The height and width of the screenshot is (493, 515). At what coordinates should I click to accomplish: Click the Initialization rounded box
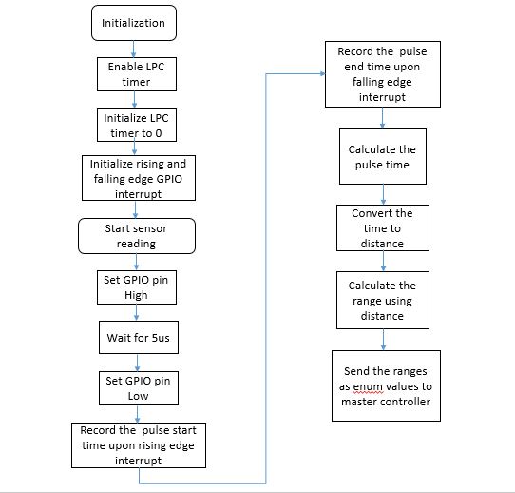coord(134,23)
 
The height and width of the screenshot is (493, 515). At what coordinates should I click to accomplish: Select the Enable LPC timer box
coord(137,74)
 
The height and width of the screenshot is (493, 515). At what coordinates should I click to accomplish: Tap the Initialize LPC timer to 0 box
coord(137,126)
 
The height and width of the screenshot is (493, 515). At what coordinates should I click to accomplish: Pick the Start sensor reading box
coord(137,236)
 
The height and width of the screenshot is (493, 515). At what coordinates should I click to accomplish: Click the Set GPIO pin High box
coord(137,287)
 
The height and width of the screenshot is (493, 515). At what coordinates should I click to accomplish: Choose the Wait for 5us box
coord(139,338)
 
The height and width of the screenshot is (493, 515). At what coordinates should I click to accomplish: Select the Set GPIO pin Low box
coord(139,388)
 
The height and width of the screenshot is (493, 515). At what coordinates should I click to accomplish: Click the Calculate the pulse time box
coord(383,156)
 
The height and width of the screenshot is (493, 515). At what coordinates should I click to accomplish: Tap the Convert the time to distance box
coord(383,227)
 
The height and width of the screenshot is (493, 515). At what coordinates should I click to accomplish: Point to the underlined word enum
coord(368,386)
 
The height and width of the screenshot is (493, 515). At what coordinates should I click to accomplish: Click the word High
coord(136,295)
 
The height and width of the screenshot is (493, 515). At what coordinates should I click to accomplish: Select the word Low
coord(139,396)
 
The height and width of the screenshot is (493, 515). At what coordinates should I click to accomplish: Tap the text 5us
coord(161,338)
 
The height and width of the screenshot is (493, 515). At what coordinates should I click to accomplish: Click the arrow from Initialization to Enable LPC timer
coord(133,49)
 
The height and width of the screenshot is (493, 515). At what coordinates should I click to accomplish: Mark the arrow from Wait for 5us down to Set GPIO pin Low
coord(137,363)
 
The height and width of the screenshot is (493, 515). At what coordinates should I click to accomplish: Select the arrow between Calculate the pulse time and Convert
coord(383,194)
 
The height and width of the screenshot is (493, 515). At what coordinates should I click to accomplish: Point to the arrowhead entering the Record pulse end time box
coord(323,73)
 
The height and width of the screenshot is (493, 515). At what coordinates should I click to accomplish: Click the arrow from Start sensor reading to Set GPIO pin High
coord(136,262)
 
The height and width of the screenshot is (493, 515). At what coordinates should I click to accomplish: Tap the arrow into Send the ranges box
coord(383,340)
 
